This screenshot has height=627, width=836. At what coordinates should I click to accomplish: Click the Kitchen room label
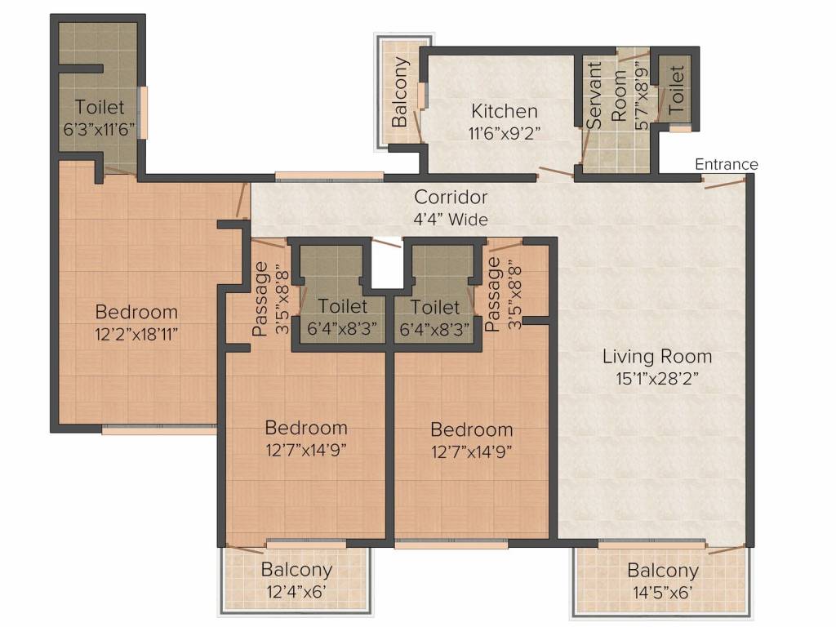coord(505,111)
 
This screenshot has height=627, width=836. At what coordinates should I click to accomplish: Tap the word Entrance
coord(726,164)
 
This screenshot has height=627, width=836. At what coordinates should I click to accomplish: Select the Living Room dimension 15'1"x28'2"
coord(657,379)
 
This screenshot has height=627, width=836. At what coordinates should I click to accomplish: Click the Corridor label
coord(451,198)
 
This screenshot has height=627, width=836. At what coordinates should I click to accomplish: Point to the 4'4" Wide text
coord(451,220)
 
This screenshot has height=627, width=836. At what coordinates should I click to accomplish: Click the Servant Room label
coord(607,95)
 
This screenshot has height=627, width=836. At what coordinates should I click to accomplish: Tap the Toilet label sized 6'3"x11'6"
coord(99,107)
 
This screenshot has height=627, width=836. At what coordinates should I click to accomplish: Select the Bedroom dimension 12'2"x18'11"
coord(136,335)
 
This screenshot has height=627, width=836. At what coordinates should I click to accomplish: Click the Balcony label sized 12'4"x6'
coord(296,569)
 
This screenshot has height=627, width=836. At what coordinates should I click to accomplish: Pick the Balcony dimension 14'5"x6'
coord(663,593)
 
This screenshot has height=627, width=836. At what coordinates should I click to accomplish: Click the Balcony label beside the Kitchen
coord(399,91)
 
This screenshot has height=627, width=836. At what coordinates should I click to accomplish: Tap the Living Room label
coord(657,356)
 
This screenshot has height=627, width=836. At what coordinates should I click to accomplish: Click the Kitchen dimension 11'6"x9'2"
coord(505,133)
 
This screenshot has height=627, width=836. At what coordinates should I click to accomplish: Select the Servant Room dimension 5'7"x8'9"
coord(642,98)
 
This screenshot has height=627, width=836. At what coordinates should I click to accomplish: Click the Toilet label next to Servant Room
coord(675,89)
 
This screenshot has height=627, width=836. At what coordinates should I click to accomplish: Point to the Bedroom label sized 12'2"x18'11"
coord(136,312)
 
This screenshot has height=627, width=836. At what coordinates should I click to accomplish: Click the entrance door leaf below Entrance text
coord(725,184)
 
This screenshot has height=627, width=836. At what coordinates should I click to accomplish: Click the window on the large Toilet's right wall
coord(143,113)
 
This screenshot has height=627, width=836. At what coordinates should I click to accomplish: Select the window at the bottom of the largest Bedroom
coord(159,429)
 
